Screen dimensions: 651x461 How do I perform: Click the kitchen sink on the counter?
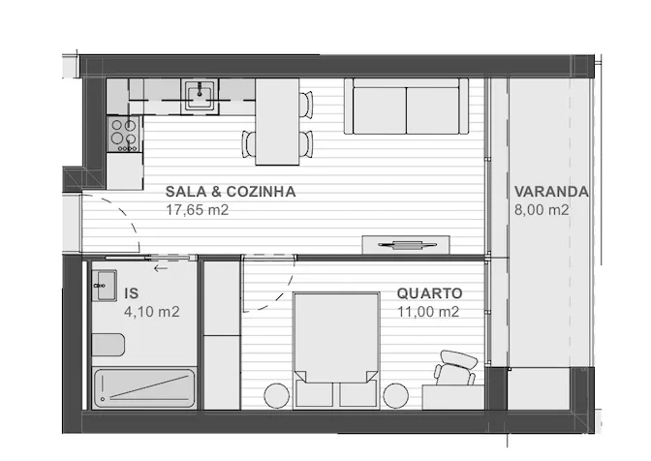200,96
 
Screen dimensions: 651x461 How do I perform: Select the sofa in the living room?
406,107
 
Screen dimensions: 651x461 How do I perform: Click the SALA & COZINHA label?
231,192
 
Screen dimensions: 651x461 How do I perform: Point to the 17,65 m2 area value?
198,210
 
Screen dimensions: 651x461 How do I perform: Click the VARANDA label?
551,192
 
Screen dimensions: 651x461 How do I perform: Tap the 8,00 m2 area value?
542,210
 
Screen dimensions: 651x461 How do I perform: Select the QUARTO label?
430,293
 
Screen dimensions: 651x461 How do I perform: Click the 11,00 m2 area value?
428,312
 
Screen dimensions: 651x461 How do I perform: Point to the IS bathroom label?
131,293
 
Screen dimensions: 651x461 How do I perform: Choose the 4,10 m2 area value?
152,312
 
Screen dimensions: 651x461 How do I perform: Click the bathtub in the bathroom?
144,388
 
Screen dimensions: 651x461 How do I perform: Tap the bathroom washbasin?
104,286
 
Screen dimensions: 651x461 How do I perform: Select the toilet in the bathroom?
108,345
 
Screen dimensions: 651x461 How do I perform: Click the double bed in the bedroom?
336,350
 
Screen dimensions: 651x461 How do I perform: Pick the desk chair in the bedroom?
455,368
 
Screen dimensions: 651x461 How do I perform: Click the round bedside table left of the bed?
277,396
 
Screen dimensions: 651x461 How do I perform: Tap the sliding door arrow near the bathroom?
161,268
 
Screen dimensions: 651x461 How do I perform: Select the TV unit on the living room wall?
406,245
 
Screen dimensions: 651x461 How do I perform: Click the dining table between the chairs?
277,122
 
